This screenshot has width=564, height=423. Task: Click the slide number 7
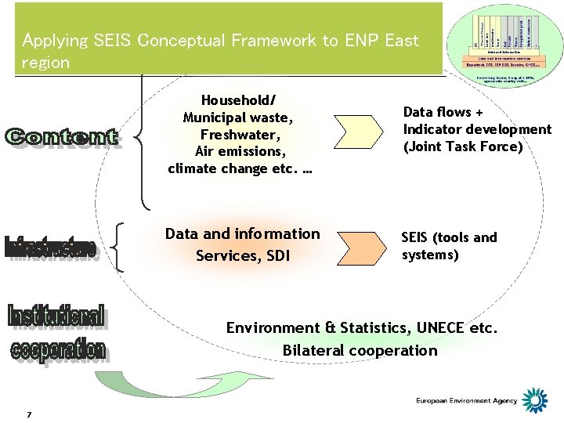[x=28, y=414]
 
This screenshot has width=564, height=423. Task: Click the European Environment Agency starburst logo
[x=535, y=400]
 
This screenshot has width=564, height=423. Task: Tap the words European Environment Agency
[x=467, y=401]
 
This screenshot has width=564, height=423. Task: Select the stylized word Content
[x=62, y=138]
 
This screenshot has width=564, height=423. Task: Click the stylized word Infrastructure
[x=52, y=247]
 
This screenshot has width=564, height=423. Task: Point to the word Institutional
[x=56, y=316]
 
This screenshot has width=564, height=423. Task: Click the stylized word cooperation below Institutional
[x=59, y=349]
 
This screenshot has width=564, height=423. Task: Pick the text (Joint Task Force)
[x=462, y=146]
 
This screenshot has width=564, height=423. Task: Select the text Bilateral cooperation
[x=360, y=350]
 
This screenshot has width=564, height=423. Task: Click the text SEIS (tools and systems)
[x=449, y=246]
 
